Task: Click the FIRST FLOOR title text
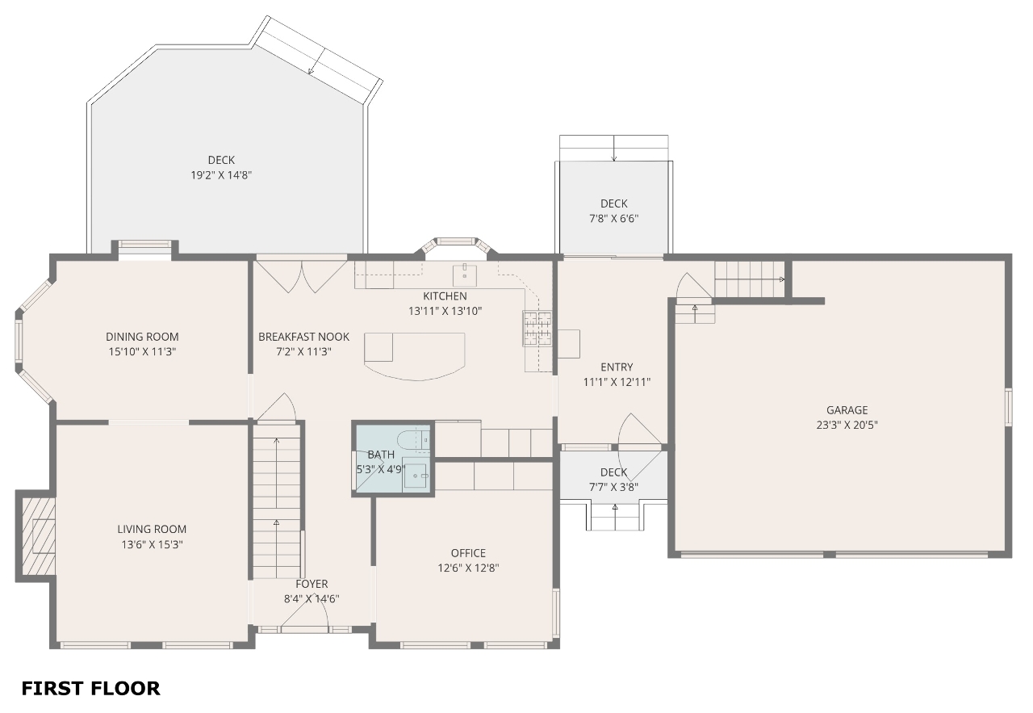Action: [90, 688]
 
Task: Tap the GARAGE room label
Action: [847, 410]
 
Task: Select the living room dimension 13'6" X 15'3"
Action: [152, 544]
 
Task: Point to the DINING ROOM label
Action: [142, 337]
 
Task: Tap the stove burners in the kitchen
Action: [537, 328]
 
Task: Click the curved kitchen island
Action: [414, 356]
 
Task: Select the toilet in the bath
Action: [414, 440]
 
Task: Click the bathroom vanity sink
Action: [416, 475]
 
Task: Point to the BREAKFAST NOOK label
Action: [303, 337]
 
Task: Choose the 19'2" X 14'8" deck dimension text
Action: [221, 175]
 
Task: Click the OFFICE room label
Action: [468, 553]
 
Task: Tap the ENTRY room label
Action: [617, 367]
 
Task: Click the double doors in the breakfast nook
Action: [301, 276]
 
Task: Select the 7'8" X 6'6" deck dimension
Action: [613, 218]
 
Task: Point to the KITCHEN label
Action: [445, 296]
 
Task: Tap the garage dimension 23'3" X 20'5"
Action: [847, 425]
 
